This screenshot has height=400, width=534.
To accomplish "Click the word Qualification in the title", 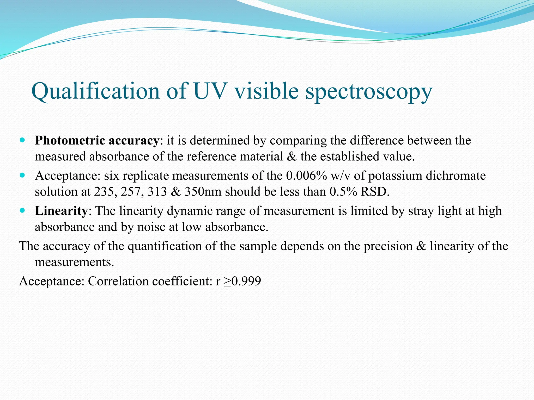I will [x=95, y=91].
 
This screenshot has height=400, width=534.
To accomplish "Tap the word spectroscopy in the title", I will [x=369, y=92].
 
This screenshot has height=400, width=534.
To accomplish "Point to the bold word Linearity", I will [x=61, y=211].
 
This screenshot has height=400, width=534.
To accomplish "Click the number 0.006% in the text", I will [x=306, y=176].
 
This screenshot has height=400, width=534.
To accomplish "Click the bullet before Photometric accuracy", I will [x=22, y=140].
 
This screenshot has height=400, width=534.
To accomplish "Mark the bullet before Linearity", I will [x=22, y=210].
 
